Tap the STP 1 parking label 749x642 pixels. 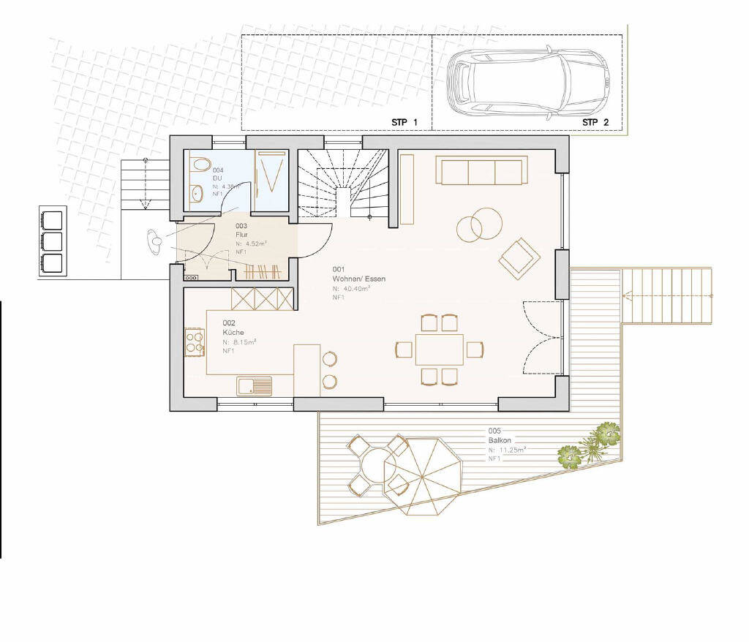pos(404,122)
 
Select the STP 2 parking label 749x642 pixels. pos(595,122)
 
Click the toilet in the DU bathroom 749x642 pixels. pos(201,165)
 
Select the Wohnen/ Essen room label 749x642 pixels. pos(358,279)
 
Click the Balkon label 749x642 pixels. pos(500,441)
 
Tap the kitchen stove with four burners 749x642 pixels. pos(195,342)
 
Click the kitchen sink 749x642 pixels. pos(255,385)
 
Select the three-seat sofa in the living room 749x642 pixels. pos(481,171)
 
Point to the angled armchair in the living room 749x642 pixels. pos(519,257)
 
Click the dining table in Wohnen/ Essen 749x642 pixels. pos(439,349)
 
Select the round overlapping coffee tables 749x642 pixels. pos(480,224)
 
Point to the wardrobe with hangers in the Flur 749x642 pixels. pos(262,271)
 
